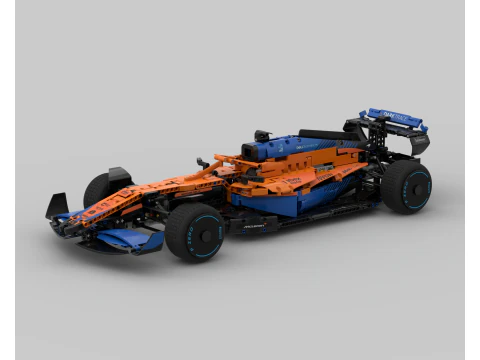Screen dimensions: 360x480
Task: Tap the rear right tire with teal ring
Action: click(405, 186)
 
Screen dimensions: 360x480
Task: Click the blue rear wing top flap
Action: click(396, 118)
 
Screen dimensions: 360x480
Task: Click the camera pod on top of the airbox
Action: click(263, 134)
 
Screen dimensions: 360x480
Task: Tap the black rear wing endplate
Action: click(418, 143)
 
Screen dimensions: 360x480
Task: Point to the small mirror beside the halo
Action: click(201, 161)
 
